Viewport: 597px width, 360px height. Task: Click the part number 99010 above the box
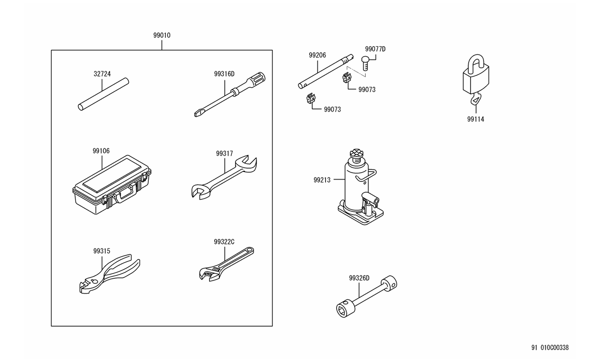162,35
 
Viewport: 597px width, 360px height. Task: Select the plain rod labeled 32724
103,95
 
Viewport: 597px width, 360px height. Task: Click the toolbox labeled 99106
112,185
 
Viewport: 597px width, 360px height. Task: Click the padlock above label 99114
475,78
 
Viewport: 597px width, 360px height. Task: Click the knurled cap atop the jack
356,152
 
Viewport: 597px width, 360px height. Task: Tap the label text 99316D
224,74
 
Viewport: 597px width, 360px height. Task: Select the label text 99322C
224,241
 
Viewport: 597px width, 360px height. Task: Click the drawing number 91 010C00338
550,348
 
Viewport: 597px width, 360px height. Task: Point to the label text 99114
476,119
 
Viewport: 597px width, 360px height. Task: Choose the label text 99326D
359,278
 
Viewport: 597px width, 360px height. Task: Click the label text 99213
322,180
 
